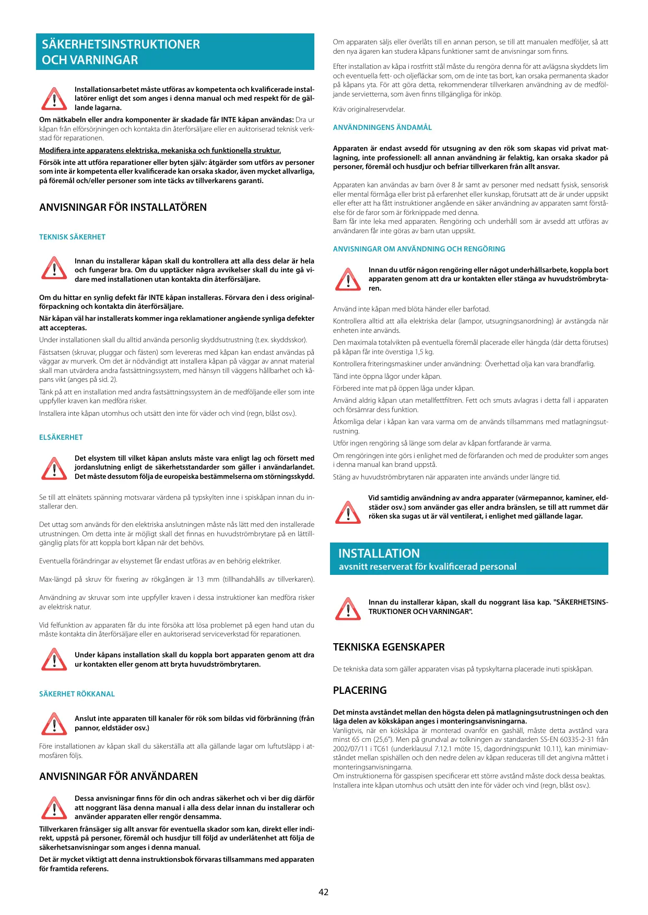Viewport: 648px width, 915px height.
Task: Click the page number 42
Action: click(324, 892)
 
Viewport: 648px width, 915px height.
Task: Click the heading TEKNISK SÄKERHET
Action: click(72, 237)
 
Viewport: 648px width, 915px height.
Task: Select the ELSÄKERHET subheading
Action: click(61, 437)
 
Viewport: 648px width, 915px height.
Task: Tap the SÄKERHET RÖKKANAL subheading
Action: click(77, 694)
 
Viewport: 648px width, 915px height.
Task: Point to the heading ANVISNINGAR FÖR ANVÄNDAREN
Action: click(119, 776)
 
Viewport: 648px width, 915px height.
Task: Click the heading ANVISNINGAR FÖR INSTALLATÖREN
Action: click(123, 207)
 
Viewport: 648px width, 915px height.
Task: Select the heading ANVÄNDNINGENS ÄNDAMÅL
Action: click(382, 127)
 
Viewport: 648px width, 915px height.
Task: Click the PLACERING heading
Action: click(360, 690)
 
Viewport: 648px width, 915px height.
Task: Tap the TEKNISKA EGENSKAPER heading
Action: click(389, 647)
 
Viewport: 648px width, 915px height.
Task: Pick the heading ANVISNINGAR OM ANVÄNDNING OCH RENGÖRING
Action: click(419, 249)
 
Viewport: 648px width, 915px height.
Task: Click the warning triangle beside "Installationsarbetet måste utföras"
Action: click(54, 99)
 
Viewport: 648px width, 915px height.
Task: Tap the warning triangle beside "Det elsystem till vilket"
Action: click(54, 468)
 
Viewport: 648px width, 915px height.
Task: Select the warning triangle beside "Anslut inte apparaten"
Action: click(54, 724)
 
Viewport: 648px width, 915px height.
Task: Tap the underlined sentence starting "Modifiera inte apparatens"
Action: click(160, 150)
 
